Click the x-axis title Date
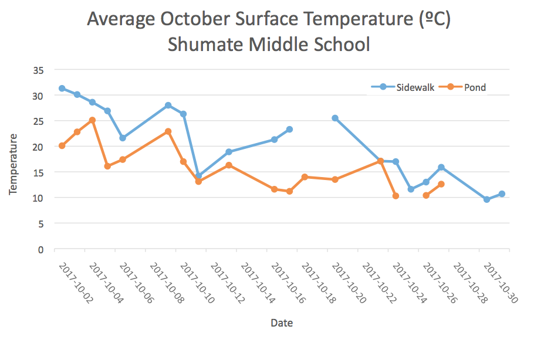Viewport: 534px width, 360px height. click(282, 323)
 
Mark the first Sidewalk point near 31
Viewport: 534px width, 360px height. click(62, 89)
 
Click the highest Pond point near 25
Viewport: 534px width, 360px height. click(92, 120)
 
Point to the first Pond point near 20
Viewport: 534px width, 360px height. click(62, 145)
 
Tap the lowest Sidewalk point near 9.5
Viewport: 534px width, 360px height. click(486, 199)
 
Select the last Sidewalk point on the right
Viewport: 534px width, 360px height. click(502, 194)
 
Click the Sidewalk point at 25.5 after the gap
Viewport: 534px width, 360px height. click(335, 118)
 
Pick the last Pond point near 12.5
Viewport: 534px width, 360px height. click(441, 184)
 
